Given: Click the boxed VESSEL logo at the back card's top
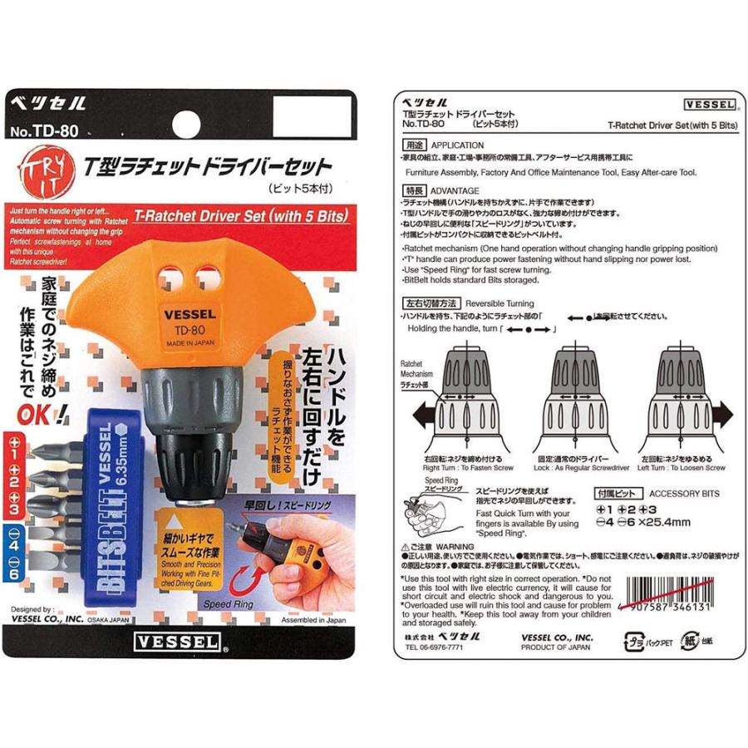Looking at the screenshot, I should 710,105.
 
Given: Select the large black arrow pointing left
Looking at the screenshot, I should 422,411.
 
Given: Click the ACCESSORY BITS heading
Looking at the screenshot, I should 684,493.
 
